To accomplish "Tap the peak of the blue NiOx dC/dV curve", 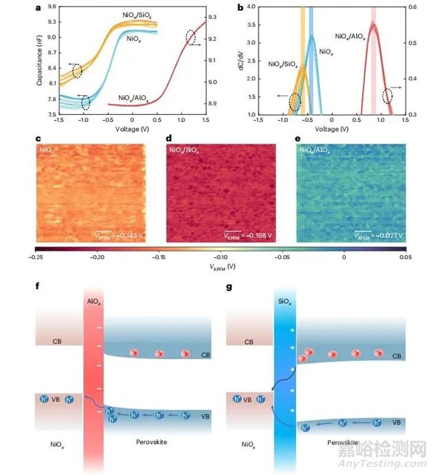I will (x=311, y=36).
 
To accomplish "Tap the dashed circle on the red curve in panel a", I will (x=191, y=38).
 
